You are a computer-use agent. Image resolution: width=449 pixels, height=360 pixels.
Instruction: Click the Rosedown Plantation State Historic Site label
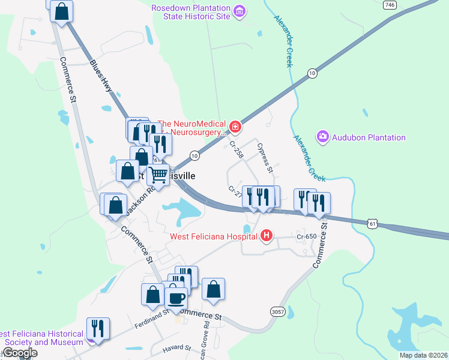[191, 12]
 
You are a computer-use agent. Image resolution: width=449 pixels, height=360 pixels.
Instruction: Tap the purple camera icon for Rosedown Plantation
[240, 11]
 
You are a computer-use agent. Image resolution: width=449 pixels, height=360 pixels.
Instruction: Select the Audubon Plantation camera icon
[323, 137]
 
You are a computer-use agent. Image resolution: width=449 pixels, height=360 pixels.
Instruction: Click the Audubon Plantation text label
[368, 137]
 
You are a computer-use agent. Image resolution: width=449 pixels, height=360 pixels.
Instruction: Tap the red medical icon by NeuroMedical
[235, 127]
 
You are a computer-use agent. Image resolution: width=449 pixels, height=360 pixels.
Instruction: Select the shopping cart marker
[158, 175]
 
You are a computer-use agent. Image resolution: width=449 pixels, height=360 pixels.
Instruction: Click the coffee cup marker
[176, 298]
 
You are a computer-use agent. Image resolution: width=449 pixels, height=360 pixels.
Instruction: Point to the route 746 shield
[390, 5]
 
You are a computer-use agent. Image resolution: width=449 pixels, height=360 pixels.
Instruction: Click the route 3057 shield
[277, 311]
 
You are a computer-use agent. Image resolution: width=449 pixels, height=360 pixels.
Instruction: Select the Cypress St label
[265, 157]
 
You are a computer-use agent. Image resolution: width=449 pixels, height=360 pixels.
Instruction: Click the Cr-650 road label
[306, 236]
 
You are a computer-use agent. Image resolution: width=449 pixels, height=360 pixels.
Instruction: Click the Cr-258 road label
[236, 149]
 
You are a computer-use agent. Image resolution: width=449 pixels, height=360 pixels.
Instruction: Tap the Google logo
[19, 353]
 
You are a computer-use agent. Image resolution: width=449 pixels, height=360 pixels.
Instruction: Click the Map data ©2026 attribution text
[423, 355]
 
